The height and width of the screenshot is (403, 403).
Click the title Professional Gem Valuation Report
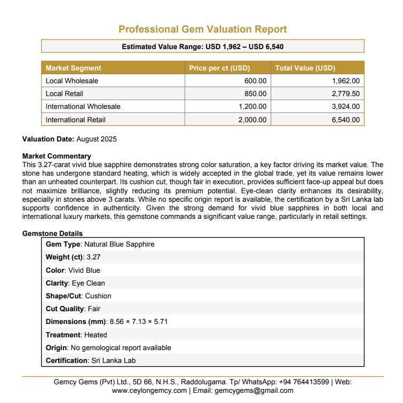[202, 29]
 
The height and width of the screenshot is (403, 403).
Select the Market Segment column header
[73, 68]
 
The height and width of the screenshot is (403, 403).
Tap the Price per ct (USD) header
[219, 68]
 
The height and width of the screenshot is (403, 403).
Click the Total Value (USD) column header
[305, 68]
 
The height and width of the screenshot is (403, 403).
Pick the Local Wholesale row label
[72, 81]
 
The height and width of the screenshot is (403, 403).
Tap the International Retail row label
[76, 120]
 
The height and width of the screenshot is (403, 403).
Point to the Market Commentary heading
[53, 156]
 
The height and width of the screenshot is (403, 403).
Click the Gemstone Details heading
[52, 234]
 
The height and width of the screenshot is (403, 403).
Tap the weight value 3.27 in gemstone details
[93, 257]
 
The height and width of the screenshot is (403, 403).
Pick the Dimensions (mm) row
[107, 322]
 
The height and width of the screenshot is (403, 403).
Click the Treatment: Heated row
[76, 335]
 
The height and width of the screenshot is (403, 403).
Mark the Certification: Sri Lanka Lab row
[91, 360]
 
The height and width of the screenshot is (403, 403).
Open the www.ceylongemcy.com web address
[149, 391]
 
